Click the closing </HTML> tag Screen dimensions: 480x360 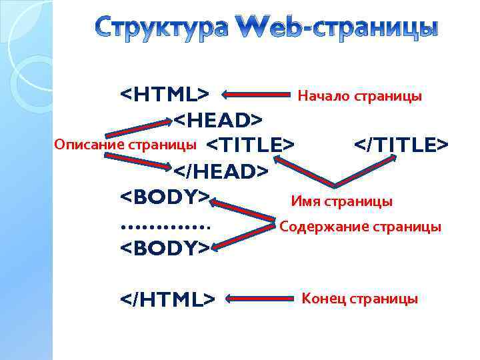click(x=167, y=299)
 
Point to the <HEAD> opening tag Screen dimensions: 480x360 click(x=218, y=120)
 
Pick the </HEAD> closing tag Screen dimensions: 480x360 click(x=221, y=172)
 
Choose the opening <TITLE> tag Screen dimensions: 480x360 click(x=250, y=145)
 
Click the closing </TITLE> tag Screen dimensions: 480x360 click(x=401, y=145)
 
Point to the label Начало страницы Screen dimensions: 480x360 click(x=359, y=96)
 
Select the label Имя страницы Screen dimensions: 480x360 click(x=341, y=201)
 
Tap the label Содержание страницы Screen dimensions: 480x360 click(x=360, y=227)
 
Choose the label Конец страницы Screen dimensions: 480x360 click(x=360, y=299)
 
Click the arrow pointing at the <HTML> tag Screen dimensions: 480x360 click(x=254, y=95)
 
